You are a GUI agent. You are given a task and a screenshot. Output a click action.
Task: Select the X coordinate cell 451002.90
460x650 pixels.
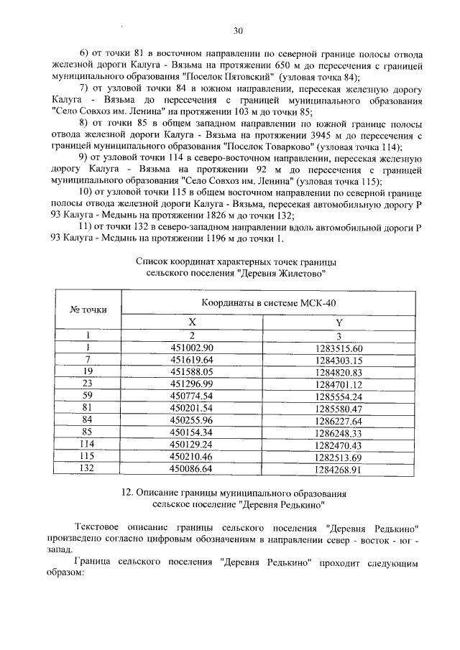pyautogui.click(x=192, y=348)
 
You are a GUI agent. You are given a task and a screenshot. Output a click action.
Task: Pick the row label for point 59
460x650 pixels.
pyautogui.click(x=87, y=396)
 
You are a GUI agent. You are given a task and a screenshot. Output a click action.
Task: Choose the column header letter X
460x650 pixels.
pyautogui.click(x=192, y=322)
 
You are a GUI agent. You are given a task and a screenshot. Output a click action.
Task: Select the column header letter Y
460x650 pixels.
pyautogui.click(x=339, y=322)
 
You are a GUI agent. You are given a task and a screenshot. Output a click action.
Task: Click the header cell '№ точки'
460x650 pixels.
pyautogui.click(x=88, y=310)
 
